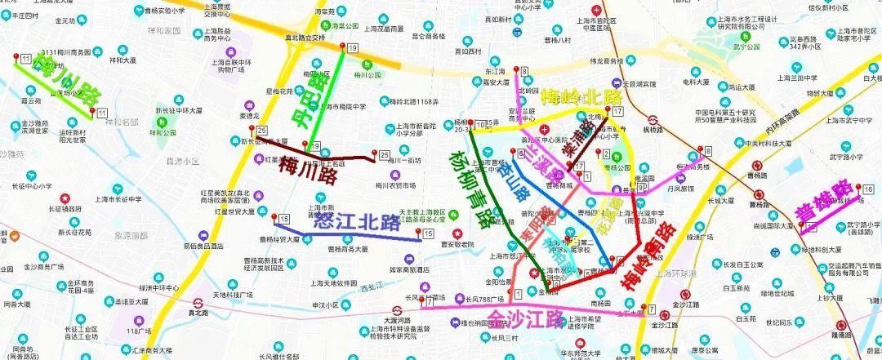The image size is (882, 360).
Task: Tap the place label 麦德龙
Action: click(226, 116)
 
